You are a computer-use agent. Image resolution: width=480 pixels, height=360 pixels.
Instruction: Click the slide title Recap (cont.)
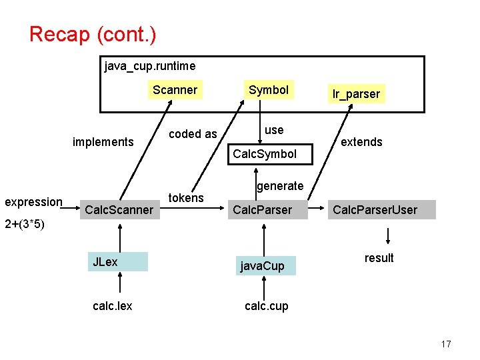click(93, 34)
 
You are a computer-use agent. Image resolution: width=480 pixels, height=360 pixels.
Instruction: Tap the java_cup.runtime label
click(150, 66)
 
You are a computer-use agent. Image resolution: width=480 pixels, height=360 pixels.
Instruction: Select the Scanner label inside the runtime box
click(175, 90)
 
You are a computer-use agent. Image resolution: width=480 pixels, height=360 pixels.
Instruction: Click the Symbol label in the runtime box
click(268, 90)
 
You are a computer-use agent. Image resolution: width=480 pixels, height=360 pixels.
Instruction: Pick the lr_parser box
click(356, 94)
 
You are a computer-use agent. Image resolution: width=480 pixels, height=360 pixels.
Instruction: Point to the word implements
click(103, 141)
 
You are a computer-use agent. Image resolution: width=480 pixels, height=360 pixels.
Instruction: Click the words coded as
click(193, 134)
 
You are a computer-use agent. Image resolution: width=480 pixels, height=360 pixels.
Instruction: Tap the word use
click(273, 129)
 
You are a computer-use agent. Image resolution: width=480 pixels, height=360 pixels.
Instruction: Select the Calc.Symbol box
click(265, 154)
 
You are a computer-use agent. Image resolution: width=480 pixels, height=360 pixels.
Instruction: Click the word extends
click(361, 141)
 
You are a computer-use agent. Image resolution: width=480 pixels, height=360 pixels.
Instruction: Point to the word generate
click(280, 186)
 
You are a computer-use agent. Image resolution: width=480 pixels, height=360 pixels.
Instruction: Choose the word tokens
click(186, 198)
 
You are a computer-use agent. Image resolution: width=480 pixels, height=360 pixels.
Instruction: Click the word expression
click(33, 201)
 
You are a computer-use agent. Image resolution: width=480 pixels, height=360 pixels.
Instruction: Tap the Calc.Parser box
click(262, 210)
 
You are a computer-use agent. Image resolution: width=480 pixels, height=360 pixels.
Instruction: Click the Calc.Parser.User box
click(375, 210)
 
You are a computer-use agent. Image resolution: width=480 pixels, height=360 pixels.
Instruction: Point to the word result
click(379, 258)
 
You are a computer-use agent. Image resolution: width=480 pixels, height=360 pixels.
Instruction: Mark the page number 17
click(446, 344)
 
